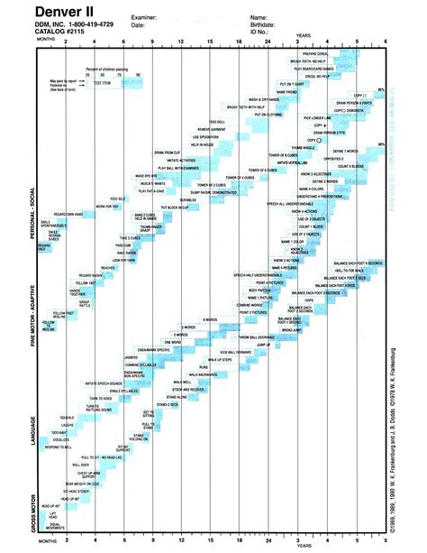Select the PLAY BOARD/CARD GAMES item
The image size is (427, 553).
335,69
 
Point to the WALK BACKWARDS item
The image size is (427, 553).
201,373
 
